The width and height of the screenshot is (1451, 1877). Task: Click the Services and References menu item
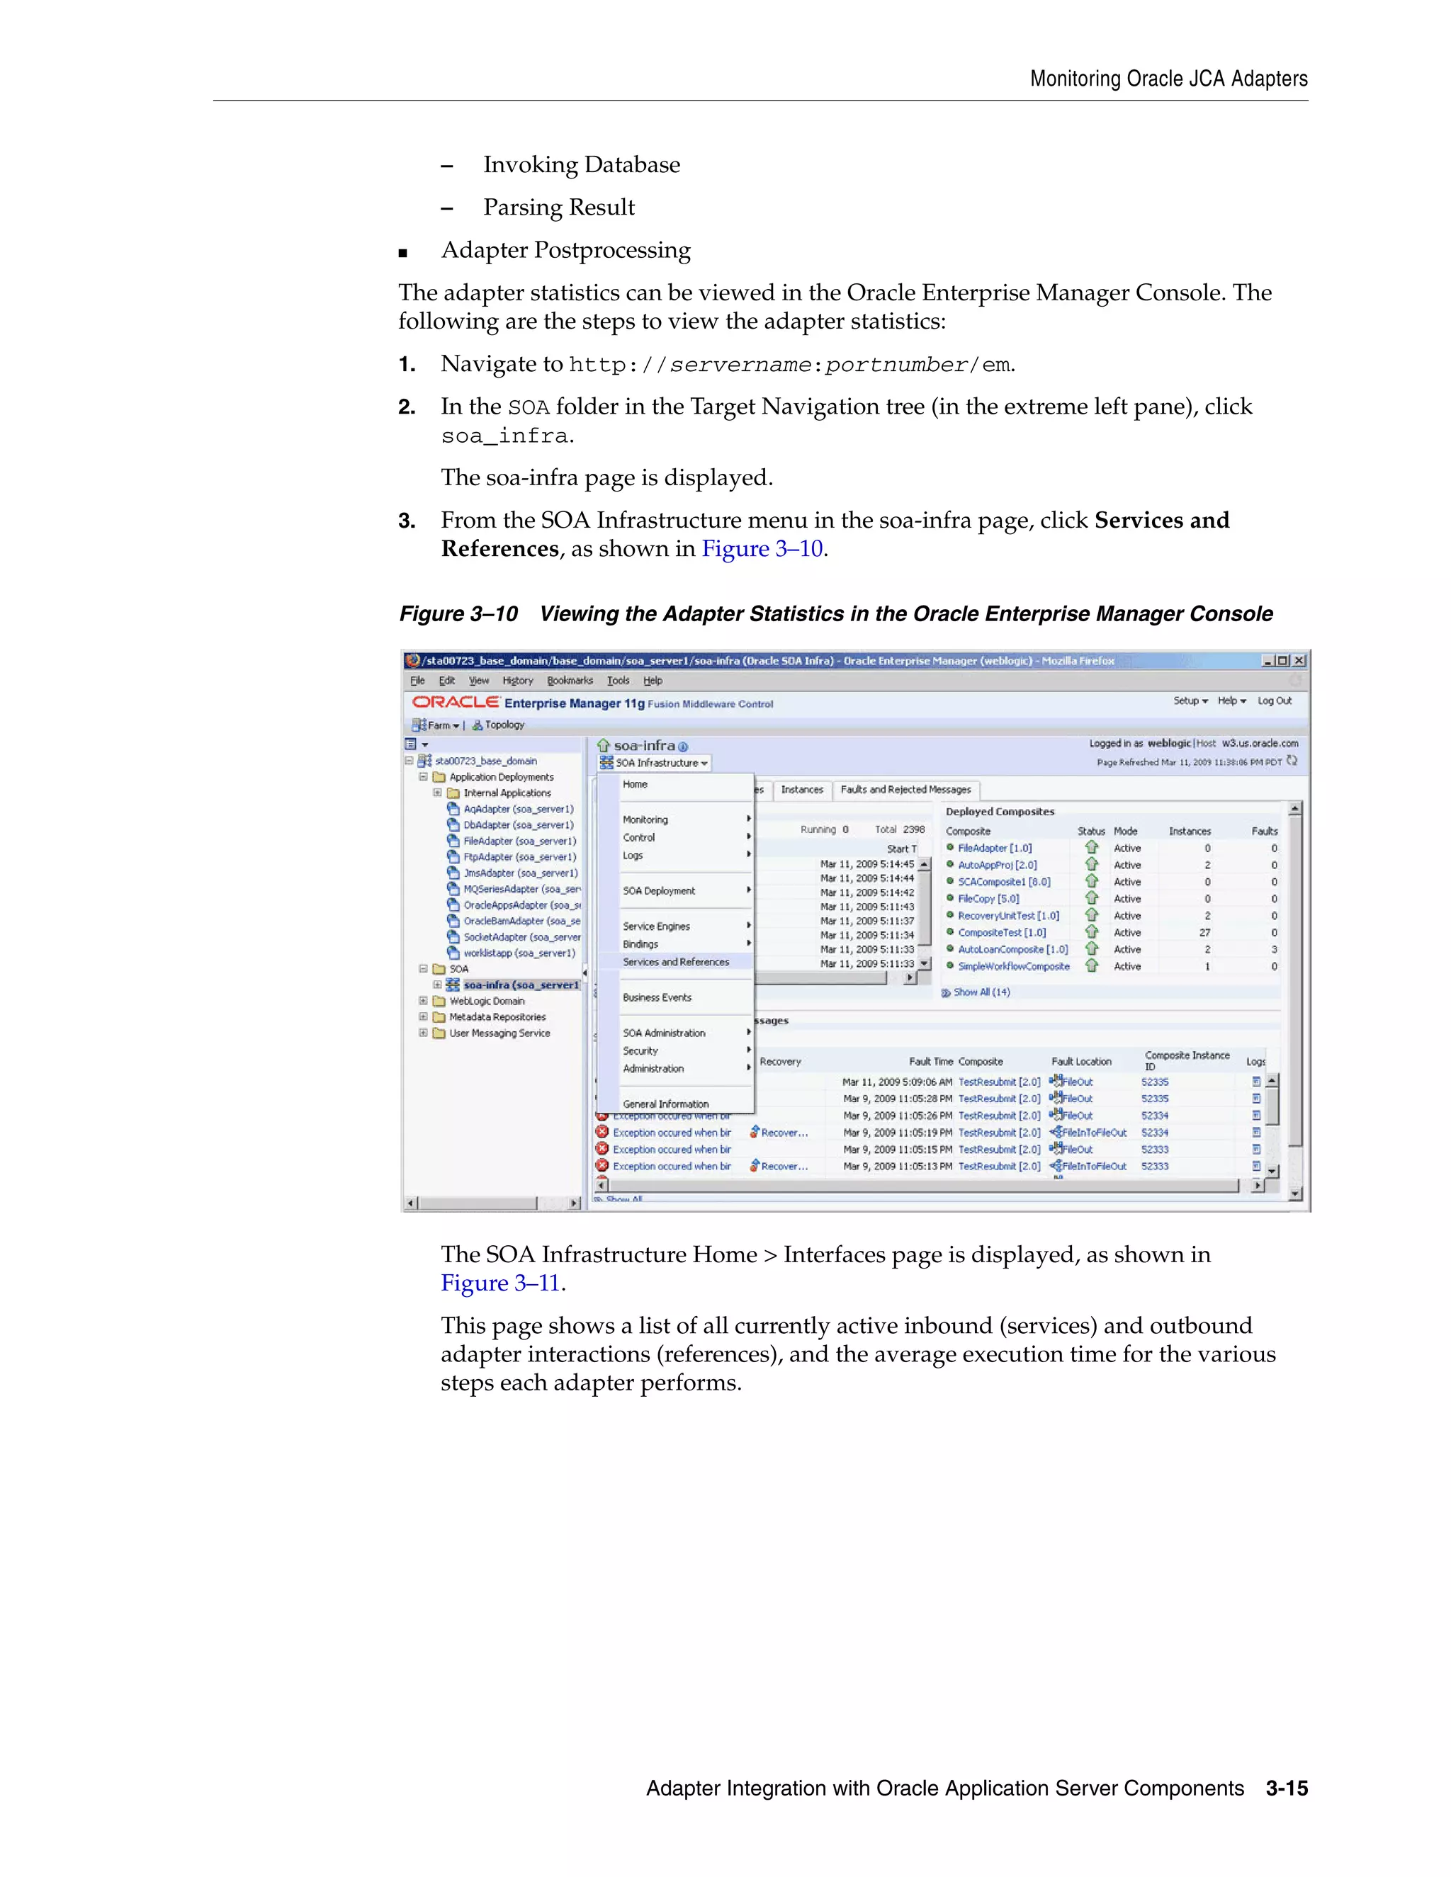point(676,962)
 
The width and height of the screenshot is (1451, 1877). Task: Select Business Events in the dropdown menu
point(657,998)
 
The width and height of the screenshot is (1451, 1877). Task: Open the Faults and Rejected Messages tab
point(905,790)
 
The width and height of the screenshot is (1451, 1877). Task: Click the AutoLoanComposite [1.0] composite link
point(1012,950)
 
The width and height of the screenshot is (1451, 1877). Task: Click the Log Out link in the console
point(1274,701)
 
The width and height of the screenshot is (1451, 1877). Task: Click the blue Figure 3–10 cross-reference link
point(762,549)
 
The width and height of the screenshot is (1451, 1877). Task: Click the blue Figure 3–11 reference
point(500,1283)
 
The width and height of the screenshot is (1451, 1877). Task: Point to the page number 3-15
point(1286,1788)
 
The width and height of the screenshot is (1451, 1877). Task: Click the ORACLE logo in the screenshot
point(456,702)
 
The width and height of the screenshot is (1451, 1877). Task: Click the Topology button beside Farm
point(499,725)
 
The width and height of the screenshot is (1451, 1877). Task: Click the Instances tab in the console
point(801,790)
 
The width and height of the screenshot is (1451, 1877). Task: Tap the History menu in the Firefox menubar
point(517,681)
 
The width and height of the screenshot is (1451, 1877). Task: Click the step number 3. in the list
point(407,521)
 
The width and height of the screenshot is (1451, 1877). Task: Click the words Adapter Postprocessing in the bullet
point(565,250)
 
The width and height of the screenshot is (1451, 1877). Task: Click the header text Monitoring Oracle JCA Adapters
point(1168,79)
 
